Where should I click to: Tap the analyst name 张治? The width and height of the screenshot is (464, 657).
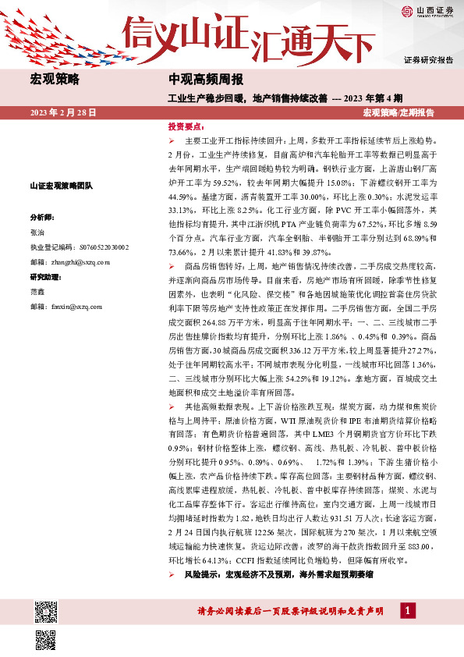tap(37, 233)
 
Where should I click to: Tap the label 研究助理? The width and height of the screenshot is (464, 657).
tap(44, 278)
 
